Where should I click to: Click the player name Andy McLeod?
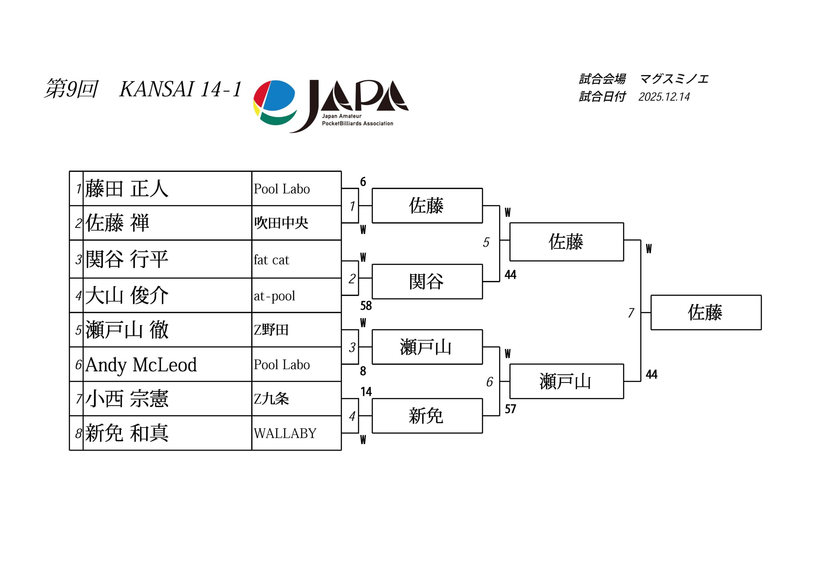click(x=141, y=365)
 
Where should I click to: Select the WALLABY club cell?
click(x=285, y=433)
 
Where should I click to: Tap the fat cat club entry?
click(x=271, y=260)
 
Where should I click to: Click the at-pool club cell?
click(x=274, y=296)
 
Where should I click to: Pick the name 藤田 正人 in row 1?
click(x=127, y=189)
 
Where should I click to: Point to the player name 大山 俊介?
click(x=127, y=295)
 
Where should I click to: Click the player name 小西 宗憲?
click(x=127, y=399)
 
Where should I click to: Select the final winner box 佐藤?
click(x=705, y=313)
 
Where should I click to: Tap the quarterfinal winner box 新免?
click(x=426, y=416)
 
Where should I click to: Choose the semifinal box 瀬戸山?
click(x=566, y=381)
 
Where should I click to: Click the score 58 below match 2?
click(x=366, y=306)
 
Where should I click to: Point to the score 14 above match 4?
click(x=366, y=392)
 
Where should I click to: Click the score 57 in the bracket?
click(x=510, y=409)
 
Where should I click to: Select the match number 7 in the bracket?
click(x=631, y=313)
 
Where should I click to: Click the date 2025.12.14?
click(x=664, y=97)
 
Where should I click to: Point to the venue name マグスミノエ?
click(x=674, y=79)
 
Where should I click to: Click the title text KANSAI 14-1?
click(x=181, y=89)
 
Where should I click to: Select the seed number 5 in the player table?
click(x=78, y=330)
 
